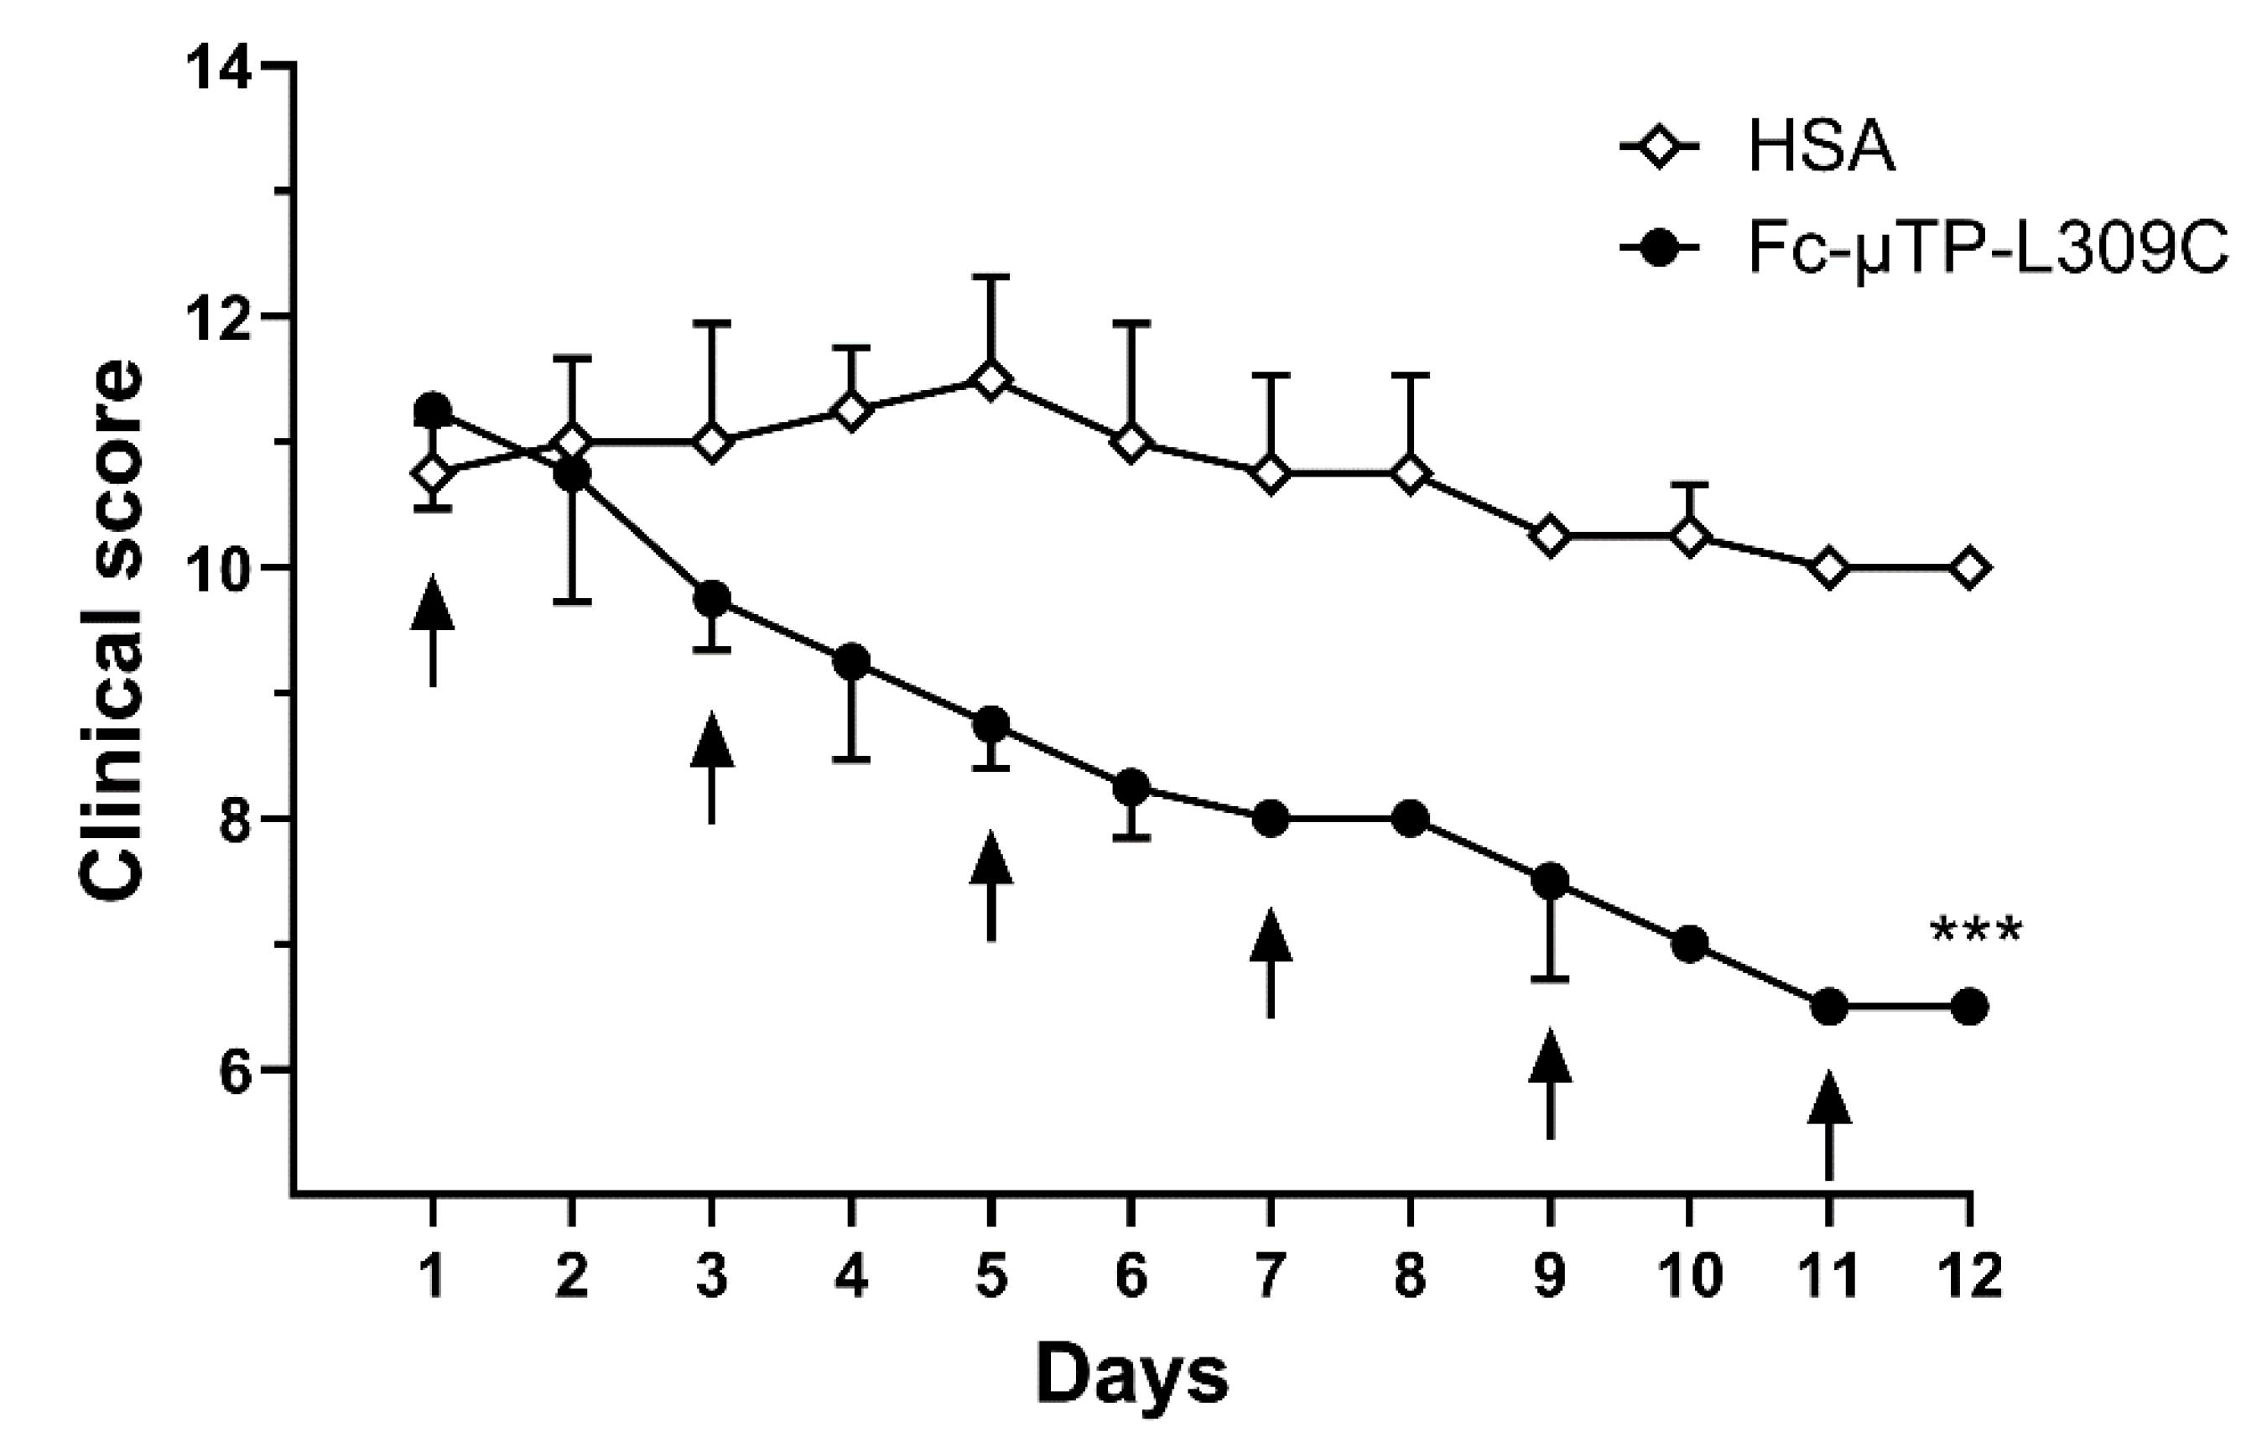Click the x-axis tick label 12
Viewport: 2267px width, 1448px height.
click(x=1969, y=1278)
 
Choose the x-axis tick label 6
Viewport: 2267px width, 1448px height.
click(x=1131, y=1278)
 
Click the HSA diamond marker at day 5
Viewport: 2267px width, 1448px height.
click(x=991, y=379)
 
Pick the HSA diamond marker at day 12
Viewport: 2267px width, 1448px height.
click(x=1969, y=569)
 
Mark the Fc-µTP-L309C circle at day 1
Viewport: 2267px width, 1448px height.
click(x=433, y=409)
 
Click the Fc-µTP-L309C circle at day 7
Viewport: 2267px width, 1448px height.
click(x=1270, y=818)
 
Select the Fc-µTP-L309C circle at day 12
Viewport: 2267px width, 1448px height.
click(x=1969, y=1008)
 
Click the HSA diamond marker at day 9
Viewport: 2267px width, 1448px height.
click(x=1550, y=536)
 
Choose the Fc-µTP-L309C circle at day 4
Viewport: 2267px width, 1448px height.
click(x=851, y=662)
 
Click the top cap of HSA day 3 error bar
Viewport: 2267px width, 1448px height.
click(x=712, y=322)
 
